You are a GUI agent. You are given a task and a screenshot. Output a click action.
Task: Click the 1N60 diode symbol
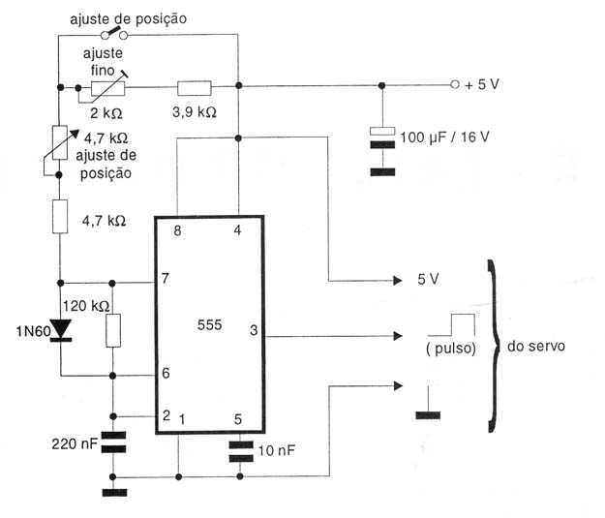61,331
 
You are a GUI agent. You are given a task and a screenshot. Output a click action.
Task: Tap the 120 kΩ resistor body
113,330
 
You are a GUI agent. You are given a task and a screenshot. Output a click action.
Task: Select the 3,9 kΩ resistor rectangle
194,88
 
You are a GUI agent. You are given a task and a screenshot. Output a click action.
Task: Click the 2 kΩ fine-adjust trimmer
107,88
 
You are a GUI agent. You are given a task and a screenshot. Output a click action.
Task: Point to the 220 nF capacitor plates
113,442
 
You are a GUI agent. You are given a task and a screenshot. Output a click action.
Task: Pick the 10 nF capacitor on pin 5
241,451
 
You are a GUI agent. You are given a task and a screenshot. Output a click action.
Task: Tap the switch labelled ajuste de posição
114,34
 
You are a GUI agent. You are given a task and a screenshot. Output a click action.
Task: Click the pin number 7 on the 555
166,278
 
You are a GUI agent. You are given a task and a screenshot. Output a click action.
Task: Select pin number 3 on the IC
254,330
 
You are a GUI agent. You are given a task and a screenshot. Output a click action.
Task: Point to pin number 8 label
177,230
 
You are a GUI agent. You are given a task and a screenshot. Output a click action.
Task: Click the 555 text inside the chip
209,325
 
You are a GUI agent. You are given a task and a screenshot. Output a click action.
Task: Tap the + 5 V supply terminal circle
455,84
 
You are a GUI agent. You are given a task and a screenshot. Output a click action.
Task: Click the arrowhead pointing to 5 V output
398,280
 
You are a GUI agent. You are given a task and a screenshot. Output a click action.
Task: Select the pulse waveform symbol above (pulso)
451,325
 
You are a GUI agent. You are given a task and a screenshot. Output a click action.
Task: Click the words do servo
536,347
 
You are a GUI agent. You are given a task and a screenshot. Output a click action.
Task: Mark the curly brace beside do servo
493,346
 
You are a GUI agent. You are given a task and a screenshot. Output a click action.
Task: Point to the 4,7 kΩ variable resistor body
60,142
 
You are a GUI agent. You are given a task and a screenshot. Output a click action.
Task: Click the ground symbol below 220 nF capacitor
114,492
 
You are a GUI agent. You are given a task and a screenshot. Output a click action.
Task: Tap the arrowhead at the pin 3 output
398,336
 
